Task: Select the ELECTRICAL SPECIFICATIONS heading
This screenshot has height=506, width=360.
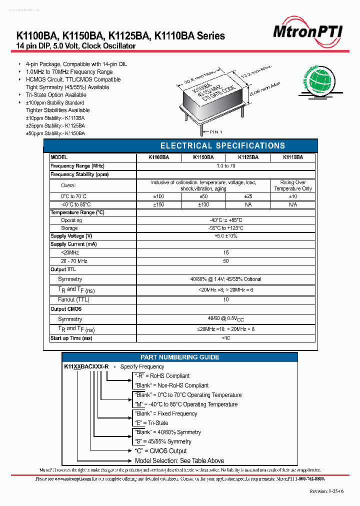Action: pyautogui.click(x=222, y=146)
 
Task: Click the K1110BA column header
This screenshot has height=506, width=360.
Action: pyautogui.click(x=292, y=157)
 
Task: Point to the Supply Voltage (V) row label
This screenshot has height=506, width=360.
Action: pyautogui.click(x=71, y=236)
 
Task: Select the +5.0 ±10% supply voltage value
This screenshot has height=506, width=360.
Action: pyautogui.click(x=226, y=236)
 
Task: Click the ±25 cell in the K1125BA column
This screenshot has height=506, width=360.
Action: pyautogui.click(x=248, y=196)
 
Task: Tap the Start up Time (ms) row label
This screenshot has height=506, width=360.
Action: pyautogui.click(x=71, y=338)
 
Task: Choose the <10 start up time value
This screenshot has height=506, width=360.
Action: pyautogui.click(x=226, y=338)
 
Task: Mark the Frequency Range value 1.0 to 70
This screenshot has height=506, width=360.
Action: pyautogui.click(x=226, y=166)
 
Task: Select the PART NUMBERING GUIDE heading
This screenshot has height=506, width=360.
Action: pyautogui.click(x=179, y=357)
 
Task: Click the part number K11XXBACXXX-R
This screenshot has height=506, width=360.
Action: pyautogui.click(x=86, y=367)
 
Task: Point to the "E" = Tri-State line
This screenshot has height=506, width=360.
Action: pyautogui.click(x=151, y=423)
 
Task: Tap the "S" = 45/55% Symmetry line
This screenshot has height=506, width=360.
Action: pyautogui.click(x=163, y=441)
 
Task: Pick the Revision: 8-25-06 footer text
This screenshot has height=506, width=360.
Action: pyautogui.click(x=327, y=492)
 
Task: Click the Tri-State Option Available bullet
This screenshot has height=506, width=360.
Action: pyautogui.click(x=56, y=95)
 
